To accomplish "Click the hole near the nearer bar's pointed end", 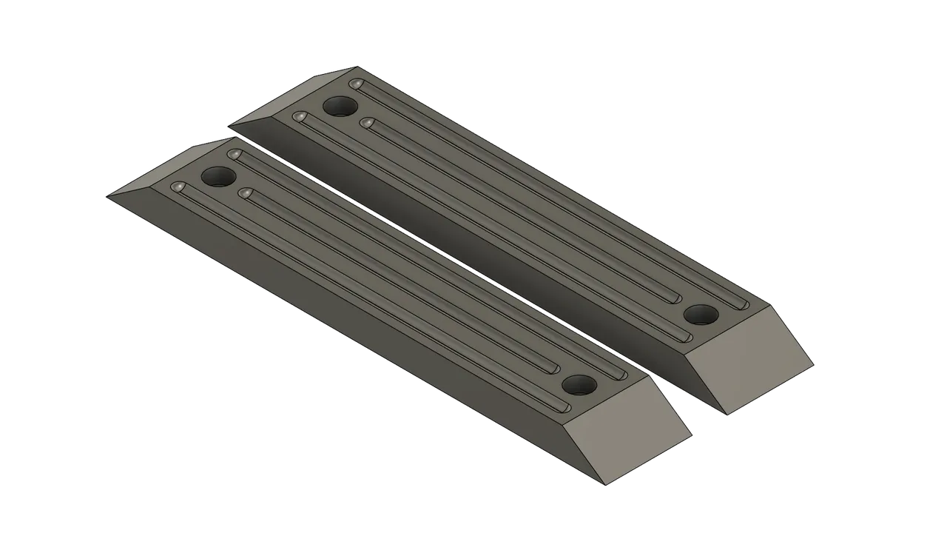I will click(218, 177).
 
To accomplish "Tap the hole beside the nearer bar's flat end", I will click(579, 385).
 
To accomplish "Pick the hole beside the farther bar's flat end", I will click(701, 315).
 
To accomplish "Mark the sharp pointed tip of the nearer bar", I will click(109, 197).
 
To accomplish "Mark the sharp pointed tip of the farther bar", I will click(231, 121).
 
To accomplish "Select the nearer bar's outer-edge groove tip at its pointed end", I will click(178, 188).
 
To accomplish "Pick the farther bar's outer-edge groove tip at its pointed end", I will click(300, 117).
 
